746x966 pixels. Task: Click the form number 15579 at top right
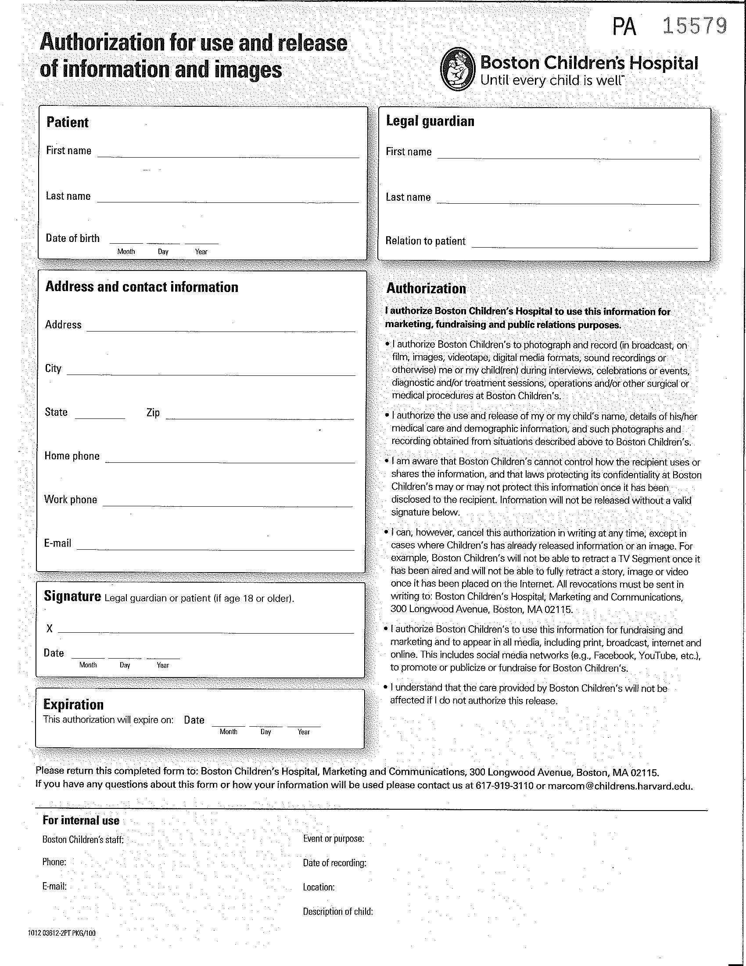(695, 26)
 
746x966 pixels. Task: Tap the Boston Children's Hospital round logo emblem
(458, 69)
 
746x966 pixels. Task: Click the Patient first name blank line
(228, 155)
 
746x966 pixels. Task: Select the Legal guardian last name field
(568, 201)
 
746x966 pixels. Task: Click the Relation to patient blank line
(584, 245)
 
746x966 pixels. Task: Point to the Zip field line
(260, 417)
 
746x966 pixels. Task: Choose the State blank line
(100, 416)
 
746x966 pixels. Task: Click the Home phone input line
(230, 461)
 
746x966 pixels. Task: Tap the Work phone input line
(228, 504)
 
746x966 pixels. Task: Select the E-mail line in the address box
(215, 548)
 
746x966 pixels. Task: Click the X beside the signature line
(50, 628)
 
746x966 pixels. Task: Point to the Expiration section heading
(73, 704)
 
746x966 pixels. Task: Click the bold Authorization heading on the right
(426, 288)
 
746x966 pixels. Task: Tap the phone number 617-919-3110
(504, 786)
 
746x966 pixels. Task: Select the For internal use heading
(81, 821)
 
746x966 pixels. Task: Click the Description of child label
(337, 911)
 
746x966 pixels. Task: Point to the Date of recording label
(334, 862)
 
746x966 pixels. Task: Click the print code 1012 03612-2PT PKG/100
(61, 933)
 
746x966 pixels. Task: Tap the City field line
(211, 373)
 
